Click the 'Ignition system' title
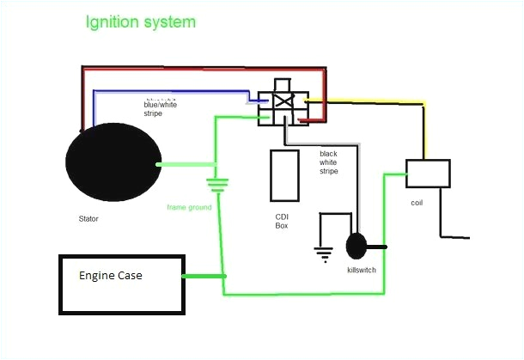tap(140, 21)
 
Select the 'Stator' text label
tap(88, 219)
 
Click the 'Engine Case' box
tap(120, 283)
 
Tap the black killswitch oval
tap(356, 247)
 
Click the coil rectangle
tap(427, 173)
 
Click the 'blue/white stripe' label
tap(161, 108)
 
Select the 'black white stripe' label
tap(328, 162)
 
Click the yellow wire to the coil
tap(378, 104)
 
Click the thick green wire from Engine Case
tap(204, 276)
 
